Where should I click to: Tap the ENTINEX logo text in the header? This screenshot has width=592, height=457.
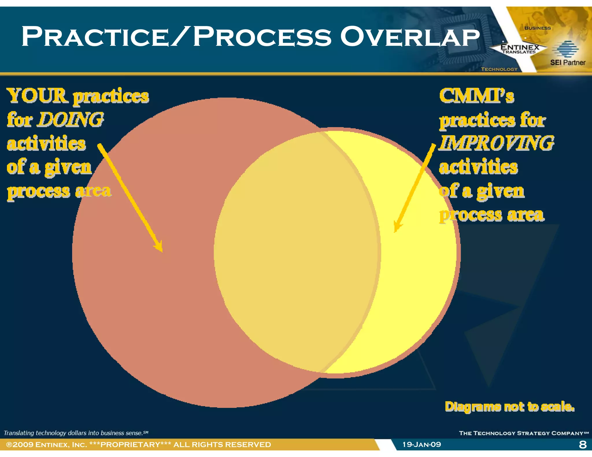[x=519, y=47]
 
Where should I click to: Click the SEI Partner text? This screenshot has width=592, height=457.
[x=567, y=62]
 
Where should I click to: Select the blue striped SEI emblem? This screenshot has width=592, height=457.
[x=565, y=49]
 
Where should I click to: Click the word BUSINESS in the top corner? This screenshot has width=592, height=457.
[x=537, y=28]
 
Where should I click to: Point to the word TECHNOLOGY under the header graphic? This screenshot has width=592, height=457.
[x=499, y=69]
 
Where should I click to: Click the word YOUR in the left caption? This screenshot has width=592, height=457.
[x=37, y=96]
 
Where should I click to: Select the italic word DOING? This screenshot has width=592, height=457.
[x=70, y=119]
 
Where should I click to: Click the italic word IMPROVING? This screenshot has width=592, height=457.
[x=496, y=143]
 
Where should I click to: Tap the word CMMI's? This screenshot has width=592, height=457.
[x=476, y=96]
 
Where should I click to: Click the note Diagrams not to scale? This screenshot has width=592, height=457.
[x=509, y=406]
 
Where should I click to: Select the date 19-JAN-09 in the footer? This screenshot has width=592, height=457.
[x=422, y=444]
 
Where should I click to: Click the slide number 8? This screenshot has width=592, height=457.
[x=583, y=444]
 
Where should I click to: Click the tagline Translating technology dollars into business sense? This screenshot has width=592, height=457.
[x=76, y=433]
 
